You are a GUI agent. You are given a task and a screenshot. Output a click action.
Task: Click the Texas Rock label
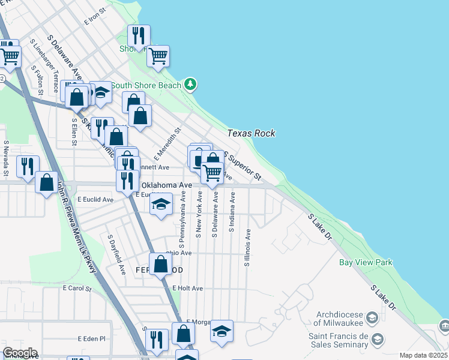tap(251, 133)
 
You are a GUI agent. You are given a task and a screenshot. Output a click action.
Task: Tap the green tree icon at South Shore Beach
tap(190, 84)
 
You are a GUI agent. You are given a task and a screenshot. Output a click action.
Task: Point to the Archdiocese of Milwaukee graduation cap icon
tap(372, 317)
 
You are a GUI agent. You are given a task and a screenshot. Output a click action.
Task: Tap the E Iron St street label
tap(95, 16)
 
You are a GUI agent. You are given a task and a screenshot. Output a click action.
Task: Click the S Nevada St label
tap(5, 159)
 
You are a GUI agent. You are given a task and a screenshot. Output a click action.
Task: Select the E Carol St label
tap(76, 289)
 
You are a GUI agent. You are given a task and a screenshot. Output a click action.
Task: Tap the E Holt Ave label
tap(187, 289)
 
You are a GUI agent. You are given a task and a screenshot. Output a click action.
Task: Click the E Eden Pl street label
tap(91, 338)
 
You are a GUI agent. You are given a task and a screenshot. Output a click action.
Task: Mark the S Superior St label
tap(243, 166)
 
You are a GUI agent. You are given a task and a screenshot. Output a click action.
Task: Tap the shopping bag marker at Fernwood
tap(160, 263)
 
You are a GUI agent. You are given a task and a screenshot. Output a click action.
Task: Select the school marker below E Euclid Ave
tap(161, 205)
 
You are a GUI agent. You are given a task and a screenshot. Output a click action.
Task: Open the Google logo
tap(20, 353)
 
